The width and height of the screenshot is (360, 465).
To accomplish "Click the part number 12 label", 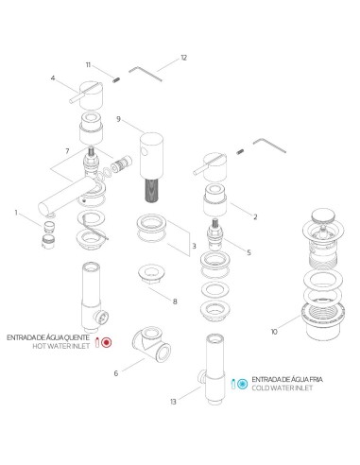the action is pyautogui.click(x=183, y=58).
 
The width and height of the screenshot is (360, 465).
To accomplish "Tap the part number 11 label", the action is pyautogui.click(x=88, y=65).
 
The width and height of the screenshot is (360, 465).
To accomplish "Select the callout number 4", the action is pyautogui.click(x=53, y=77).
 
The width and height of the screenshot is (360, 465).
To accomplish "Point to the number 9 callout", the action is pyautogui.click(x=118, y=119).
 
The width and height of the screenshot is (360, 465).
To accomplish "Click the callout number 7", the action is pyautogui.click(x=67, y=151).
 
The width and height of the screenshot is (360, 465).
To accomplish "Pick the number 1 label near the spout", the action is pyautogui.click(x=16, y=213).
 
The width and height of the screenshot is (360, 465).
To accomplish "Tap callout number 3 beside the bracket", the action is pyautogui.click(x=194, y=246).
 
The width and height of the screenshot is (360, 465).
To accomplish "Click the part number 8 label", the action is pyautogui.click(x=175, y=301).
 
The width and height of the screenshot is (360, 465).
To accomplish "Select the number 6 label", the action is pyautogui.click(x=116, y=373).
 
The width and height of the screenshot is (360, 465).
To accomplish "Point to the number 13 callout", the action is pyautogui.click(x=173, y=402).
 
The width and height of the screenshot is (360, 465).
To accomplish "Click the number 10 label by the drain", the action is pyautogui.click(x=274, y=332).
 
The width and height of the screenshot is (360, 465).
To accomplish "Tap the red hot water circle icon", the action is pyautogui.click(x=107, y=342).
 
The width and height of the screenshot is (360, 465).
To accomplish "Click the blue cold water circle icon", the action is pyautogui.click(x=243, y=384).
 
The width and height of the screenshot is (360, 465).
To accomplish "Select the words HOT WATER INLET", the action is pyautogui.click(x=60, y=346).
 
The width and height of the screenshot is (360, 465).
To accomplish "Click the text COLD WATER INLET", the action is pyautogui.click(x=282, y=387).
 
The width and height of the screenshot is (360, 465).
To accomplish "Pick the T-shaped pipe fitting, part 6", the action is pyautogui.click(x=152, y=344).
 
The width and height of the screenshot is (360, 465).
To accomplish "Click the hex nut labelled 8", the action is pyautogui.click(x=152, y=273).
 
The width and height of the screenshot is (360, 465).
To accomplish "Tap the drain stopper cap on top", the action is pyautogui.click(x=323, y=216).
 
